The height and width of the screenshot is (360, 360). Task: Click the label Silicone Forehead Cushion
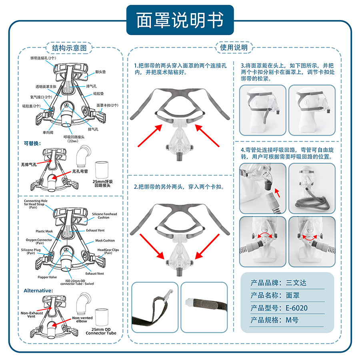[x=104, y=216]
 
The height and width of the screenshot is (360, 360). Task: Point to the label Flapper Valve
[x=48, y=277]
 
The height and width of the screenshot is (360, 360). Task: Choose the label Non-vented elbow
[x=82, y=320]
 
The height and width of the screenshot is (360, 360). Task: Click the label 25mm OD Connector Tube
[x=101, y=331]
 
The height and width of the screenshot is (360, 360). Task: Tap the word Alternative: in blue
[x=38, y=290]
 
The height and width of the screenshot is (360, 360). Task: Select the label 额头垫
[x=100, y=72]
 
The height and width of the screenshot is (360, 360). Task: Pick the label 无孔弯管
[x=80, y=172]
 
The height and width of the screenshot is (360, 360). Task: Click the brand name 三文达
[x=296, y=283]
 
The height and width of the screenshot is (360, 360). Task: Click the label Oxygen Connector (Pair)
[x=39, y=242]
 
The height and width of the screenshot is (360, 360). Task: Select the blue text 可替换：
[x=32, y=143]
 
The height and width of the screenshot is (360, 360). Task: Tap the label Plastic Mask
[x=44, y=231]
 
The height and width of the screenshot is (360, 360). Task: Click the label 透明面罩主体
[x=47, y=86]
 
